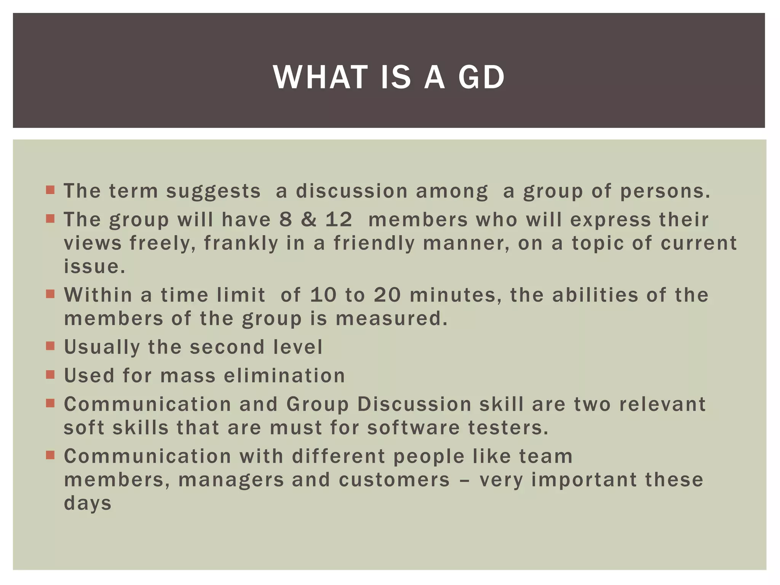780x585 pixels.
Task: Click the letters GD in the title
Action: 481,77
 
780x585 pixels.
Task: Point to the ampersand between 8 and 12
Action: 308,220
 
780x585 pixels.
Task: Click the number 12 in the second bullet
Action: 339,220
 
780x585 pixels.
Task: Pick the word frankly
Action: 241,243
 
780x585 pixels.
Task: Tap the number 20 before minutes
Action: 387,295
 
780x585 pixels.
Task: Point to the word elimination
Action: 285,376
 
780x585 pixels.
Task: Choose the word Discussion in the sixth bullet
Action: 414,404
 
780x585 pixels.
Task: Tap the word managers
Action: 231,480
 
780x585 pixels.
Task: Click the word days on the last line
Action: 88,503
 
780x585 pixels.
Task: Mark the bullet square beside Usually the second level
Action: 50,346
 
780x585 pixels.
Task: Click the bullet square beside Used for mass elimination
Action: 50,374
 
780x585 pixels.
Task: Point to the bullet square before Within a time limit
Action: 50,294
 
